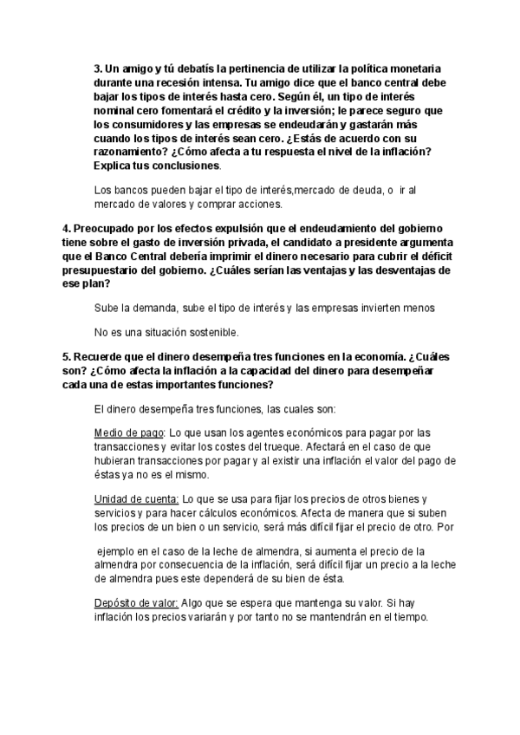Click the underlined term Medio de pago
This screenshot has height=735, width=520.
coord(127,433)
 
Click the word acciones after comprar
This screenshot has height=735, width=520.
coord(257,205)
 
